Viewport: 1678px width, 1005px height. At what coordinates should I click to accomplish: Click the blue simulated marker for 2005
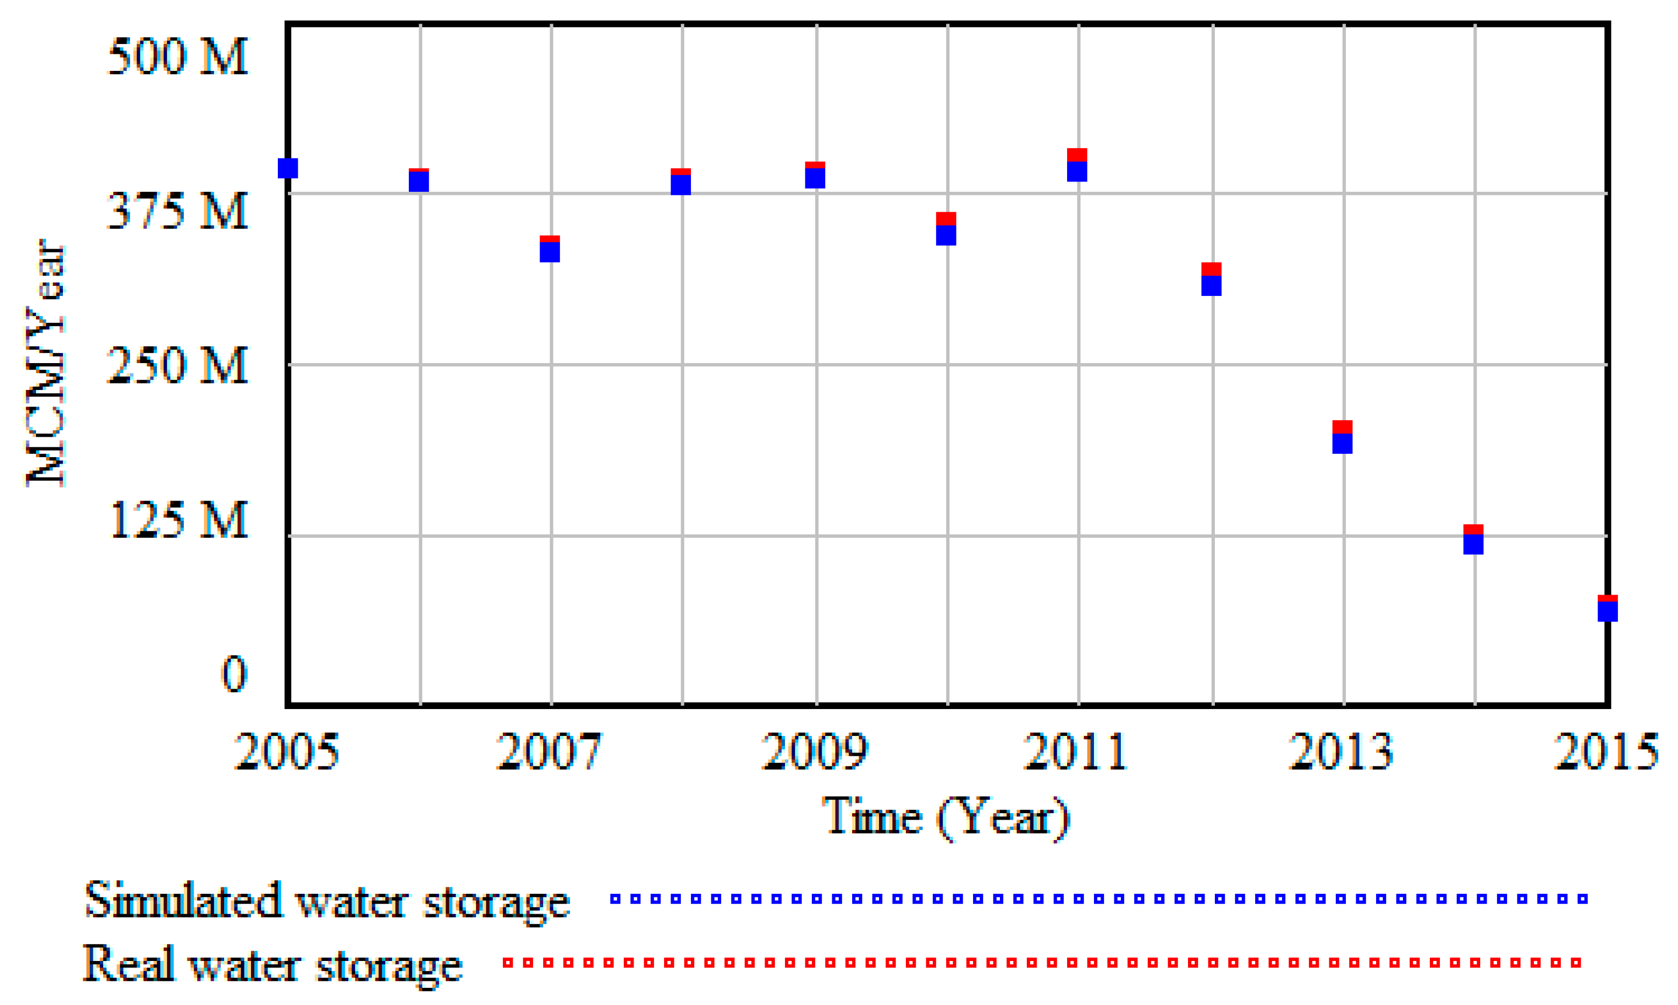point(288,168)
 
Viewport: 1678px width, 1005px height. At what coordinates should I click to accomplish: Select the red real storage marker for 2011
point(1077,155)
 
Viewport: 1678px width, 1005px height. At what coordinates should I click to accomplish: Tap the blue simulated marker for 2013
point(1343,444)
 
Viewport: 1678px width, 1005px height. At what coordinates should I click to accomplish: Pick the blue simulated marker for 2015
point(1608,611)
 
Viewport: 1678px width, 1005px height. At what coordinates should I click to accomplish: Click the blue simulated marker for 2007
point(550,252)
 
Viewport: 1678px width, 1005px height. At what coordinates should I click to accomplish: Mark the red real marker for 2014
point(1473,530)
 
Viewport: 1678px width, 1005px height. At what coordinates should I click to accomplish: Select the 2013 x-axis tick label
point(1341,751)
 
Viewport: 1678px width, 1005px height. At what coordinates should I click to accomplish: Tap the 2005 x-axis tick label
point(286,751)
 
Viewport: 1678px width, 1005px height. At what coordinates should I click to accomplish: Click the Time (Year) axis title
point(946,818)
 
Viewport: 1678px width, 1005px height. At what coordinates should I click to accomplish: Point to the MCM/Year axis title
point(45,363)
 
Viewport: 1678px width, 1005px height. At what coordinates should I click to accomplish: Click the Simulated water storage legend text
point(327,901)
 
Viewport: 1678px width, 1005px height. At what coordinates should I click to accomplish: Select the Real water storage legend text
point(272,964)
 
